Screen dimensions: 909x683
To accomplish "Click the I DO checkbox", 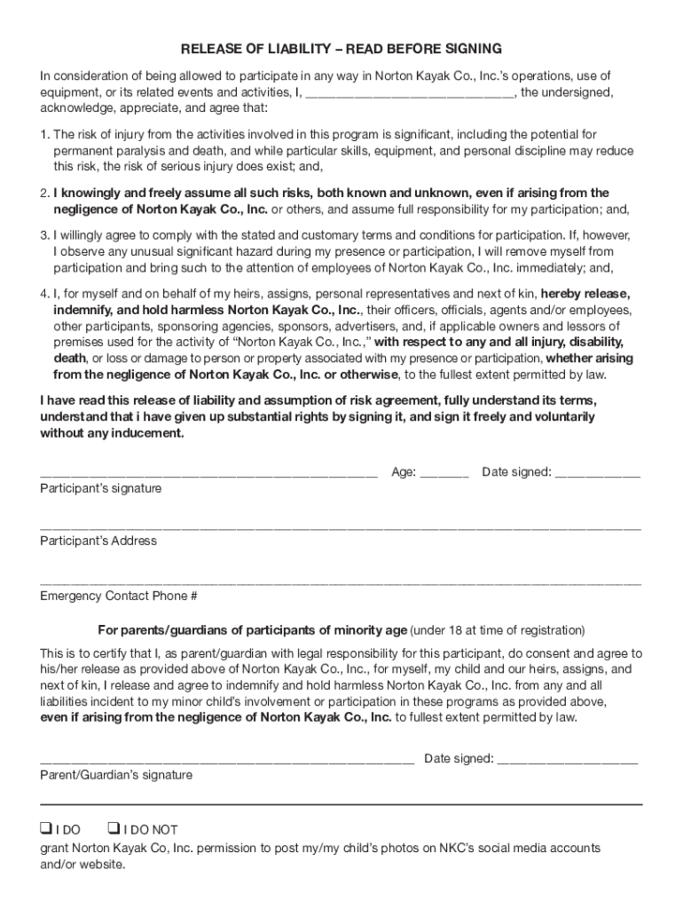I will click(x=45, y=828).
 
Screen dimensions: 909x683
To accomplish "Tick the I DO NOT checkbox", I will click(x=114, y=828).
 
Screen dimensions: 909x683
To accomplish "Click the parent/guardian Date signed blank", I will click(x=567, y=758).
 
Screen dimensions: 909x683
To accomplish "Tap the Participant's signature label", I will click(x=100, y=488).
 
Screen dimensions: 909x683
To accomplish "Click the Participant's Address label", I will click(x=98, y=541).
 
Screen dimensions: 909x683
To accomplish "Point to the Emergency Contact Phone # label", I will click(x=118, y=596).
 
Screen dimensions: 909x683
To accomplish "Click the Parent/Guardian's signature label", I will click(x=115, y=775).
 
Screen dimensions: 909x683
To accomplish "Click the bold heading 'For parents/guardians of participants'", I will click(x=252, y=630).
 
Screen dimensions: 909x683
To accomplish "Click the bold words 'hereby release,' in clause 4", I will click(x=585, y=294).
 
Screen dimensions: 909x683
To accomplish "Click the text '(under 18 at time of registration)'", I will click(x=498, y=630).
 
